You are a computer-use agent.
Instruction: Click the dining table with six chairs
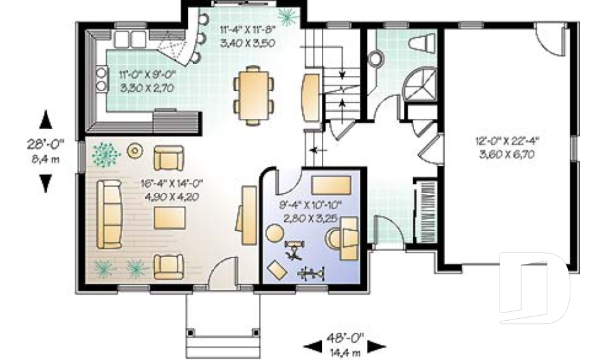[254, 96]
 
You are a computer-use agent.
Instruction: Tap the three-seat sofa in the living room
[109, 214]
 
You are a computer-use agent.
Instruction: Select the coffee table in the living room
[169, 218]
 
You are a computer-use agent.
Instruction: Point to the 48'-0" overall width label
[345, 338]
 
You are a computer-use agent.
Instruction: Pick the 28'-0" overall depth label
[46, 144]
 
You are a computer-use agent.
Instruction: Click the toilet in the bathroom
[422, 42]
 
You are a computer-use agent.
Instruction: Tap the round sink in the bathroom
[376, 59]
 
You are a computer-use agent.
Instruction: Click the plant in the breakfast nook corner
[288, 16]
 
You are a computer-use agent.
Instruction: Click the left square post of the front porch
[190, 333]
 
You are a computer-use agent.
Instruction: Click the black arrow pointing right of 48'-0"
[376, 347]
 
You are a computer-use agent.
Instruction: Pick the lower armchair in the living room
[168, 266]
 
